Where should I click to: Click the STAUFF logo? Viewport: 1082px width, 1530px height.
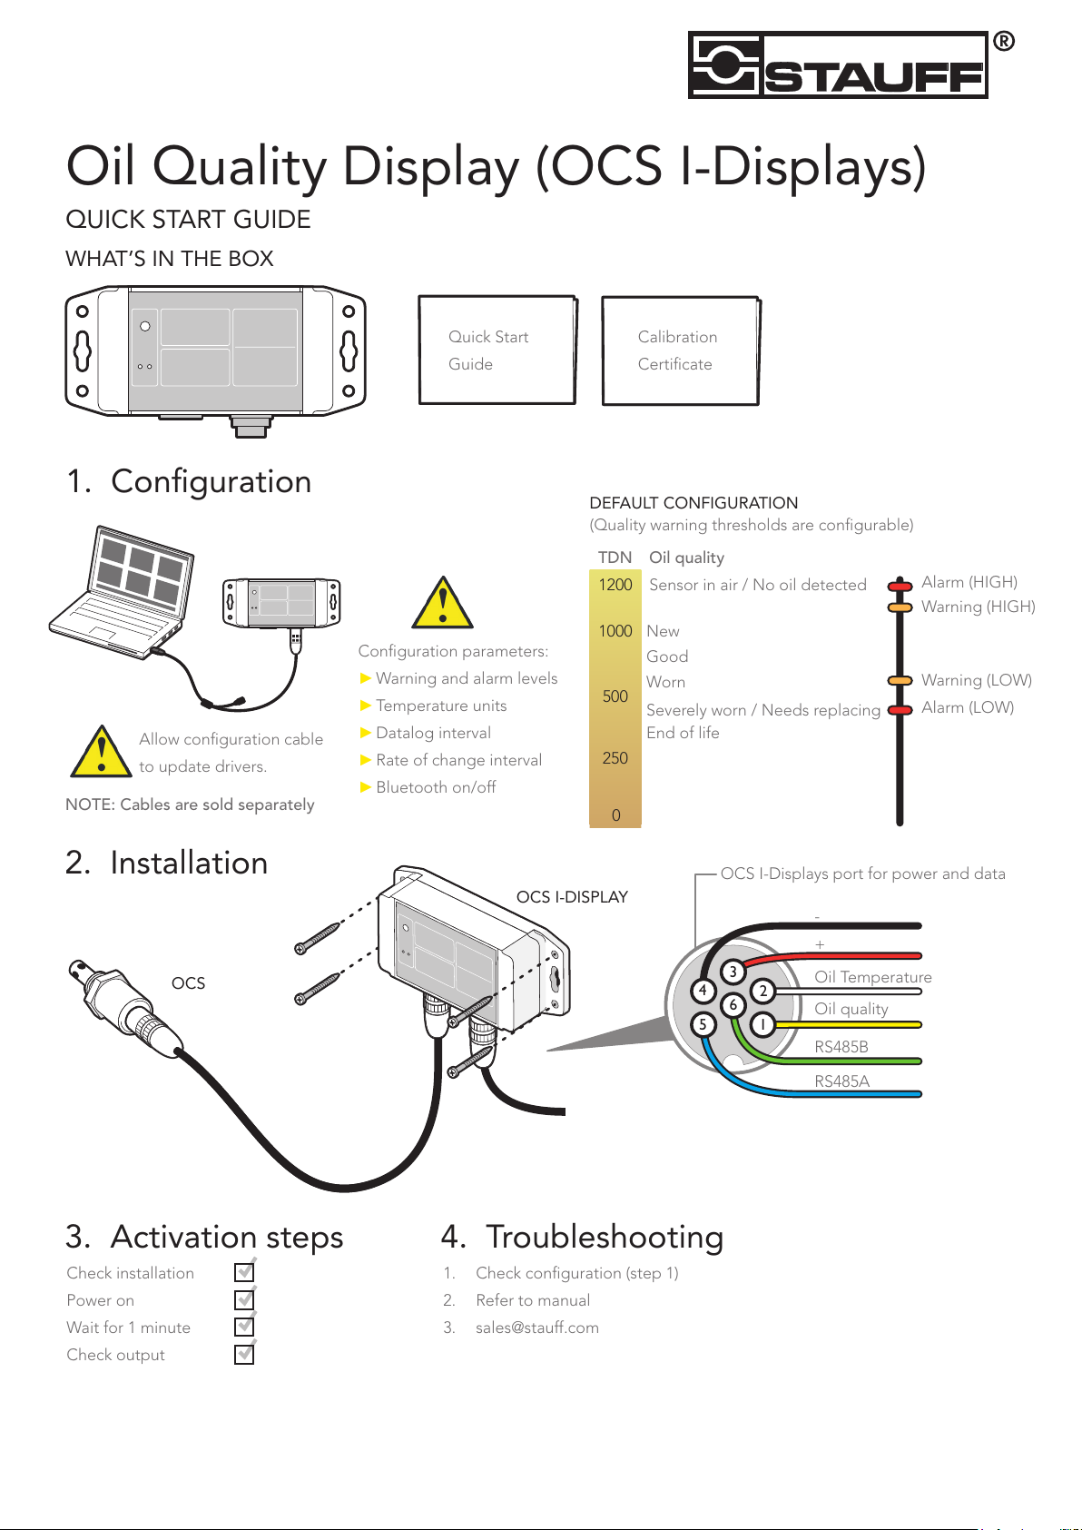click(838, 65)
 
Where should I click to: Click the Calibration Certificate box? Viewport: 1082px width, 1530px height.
click(680, 350)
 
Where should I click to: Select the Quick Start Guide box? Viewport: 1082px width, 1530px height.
click(497, 350)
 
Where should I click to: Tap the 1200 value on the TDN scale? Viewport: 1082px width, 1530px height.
click(615, 585)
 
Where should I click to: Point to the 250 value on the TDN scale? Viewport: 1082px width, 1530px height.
click(615, 758)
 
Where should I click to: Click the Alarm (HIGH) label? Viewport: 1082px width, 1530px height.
click(969, 582)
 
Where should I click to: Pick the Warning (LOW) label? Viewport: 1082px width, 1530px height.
click(976, 680)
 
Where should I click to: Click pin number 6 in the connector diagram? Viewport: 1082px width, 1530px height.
click(733, 1004)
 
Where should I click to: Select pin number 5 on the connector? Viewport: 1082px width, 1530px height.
click(703, 1024)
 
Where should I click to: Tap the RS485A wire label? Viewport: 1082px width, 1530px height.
click(841, 1081)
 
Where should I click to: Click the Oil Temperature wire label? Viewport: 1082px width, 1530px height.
click(872, 977)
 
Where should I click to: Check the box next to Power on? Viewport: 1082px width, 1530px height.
click(244, 1300)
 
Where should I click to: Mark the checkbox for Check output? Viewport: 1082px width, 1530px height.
click(244, 1355)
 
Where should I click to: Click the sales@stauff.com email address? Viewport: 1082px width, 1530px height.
click(536, 1328)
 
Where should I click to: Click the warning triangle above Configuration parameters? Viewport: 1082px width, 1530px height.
click(442, 603)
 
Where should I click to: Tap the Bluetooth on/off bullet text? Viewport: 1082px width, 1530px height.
click(436, 787)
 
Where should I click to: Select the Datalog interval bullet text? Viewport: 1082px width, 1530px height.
click(433, 733)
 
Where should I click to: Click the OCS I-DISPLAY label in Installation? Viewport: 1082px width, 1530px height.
click(572, 897)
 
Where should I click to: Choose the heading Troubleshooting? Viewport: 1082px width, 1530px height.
click(604, 1237)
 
